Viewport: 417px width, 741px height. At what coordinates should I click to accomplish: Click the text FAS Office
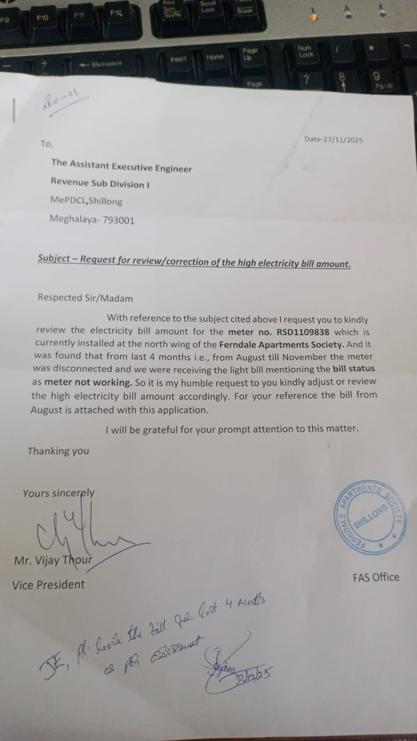coord(375,577)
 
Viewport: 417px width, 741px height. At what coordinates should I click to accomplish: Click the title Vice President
coord(48,585)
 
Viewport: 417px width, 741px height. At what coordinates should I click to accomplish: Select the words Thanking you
coord(58,451)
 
